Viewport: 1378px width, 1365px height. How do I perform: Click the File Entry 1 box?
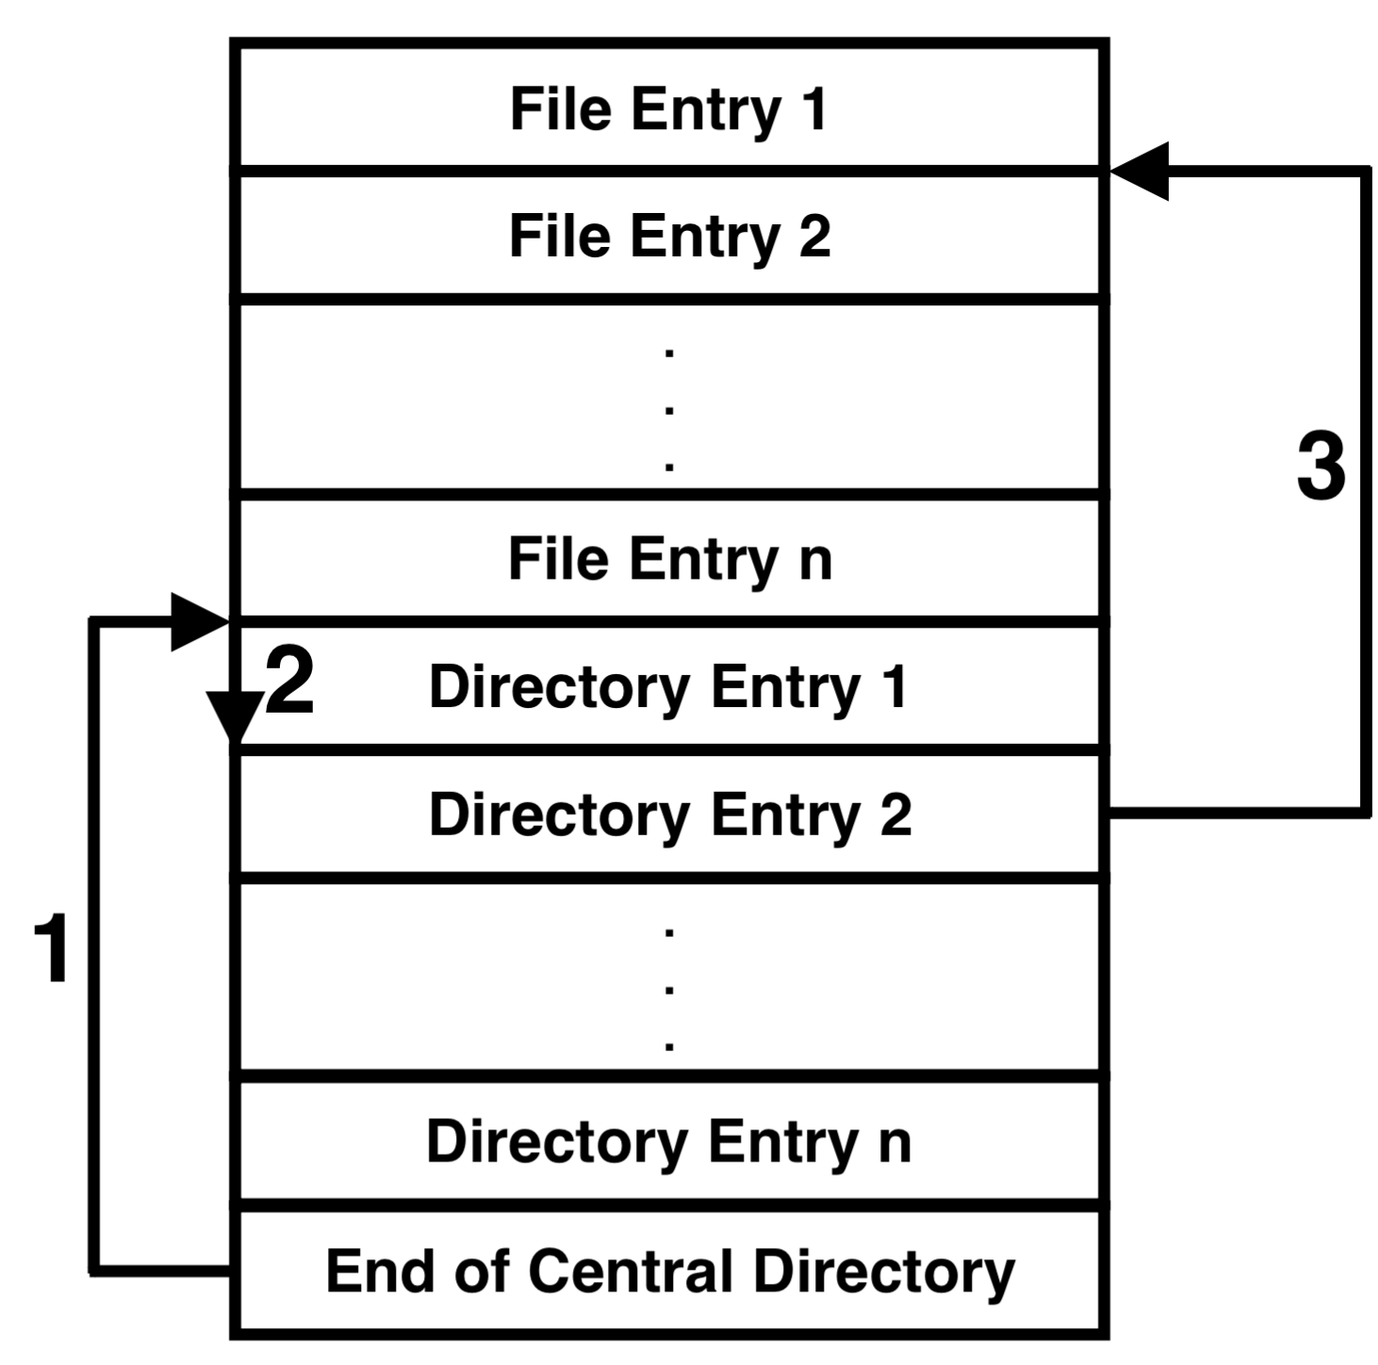(x=669, y=107)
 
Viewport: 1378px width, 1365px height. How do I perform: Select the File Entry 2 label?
(x=669, y=236)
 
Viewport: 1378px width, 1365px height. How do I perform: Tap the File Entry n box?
(x=669, y=558)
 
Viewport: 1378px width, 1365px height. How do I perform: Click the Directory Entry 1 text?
(x=667, y=686)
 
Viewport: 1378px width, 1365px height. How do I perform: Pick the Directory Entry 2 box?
(x=669, y=814)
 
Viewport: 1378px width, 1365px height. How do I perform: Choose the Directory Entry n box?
(x=669, y=1141)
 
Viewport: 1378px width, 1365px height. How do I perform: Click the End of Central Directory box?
(x=669, y=1271)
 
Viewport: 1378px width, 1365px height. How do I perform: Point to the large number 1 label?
(x=52, y=949)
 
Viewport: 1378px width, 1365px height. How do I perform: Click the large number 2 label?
(x=289, y=682)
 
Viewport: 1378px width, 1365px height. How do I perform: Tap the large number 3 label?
(x=1321, y=467)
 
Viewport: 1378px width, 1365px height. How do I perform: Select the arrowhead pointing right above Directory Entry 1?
(x=198, y=621)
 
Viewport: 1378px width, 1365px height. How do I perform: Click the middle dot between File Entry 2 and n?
(x=669, y=410)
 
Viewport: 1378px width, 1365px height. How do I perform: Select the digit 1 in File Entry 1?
(x=814, y=108)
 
